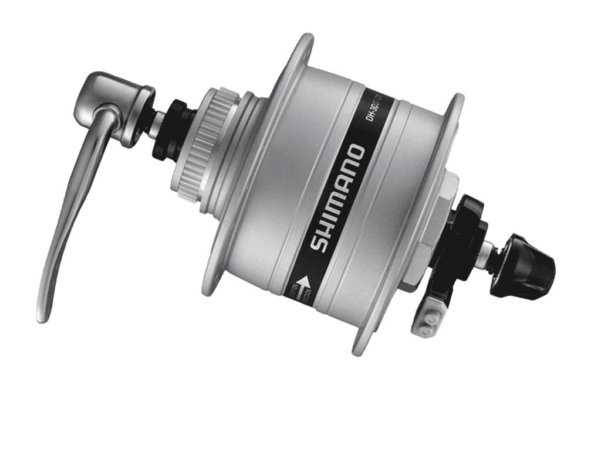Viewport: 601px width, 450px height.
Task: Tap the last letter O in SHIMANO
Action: (356, 154)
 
